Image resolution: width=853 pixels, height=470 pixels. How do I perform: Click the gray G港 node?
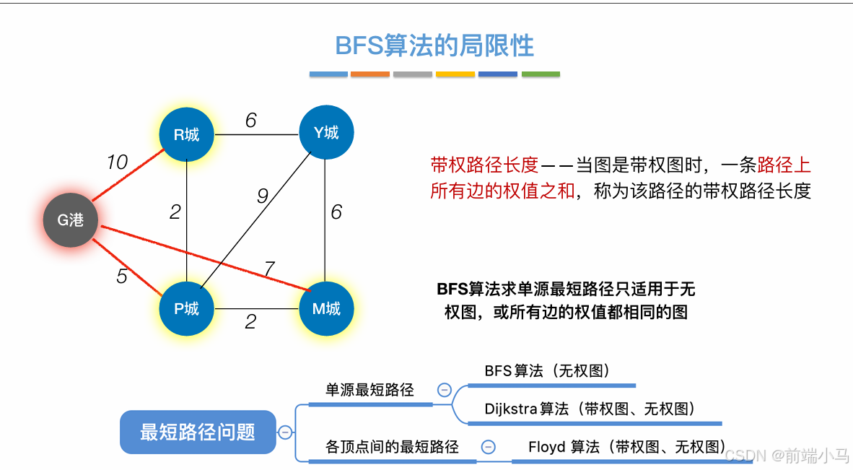pyautogui.click(x=70, y=220)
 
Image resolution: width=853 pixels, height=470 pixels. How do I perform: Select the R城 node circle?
pyautogui.click(x=186, y=134)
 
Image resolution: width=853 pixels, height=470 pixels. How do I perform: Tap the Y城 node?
pyautogui.click(x=325, y=133)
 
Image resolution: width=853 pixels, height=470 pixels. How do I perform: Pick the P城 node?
pyautogui.click(x=186, y=309)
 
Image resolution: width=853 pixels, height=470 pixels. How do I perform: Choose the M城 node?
pyautogui.click(x=325, y=309)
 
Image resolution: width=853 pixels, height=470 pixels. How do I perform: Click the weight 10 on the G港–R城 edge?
pyautogui.click(x=117, y=162)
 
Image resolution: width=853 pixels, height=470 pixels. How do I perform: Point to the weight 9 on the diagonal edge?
pyautogui.click(x=263, y=195)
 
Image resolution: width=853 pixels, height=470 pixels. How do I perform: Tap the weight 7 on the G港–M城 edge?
pyautogui.click(x=268, y=269)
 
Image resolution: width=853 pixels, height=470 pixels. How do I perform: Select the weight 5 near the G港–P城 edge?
pyautogui.click(x=122, y=276)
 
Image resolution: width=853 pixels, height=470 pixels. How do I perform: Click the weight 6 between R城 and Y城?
pyautogui.click(x=250, y=121)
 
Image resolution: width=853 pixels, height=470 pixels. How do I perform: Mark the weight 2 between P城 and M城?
pyautogui.click(x=250, y=322)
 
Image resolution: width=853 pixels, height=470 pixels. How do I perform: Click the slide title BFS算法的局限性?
pyautogui.click(x=434, y=45)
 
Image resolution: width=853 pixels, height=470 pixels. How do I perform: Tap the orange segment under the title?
pyautogui.click(x=370, y=74)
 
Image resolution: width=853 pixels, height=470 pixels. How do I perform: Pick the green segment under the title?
pyautogui.click(x=541, y=74)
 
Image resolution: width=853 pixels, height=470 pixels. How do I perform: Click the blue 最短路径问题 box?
pyautogui.click(x=198, y=432)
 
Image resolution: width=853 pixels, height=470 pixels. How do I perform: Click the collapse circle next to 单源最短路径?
pyautogui.click(x=445, y=391)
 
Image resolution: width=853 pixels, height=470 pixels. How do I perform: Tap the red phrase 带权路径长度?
pyautogui.click(x=484, y=165)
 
